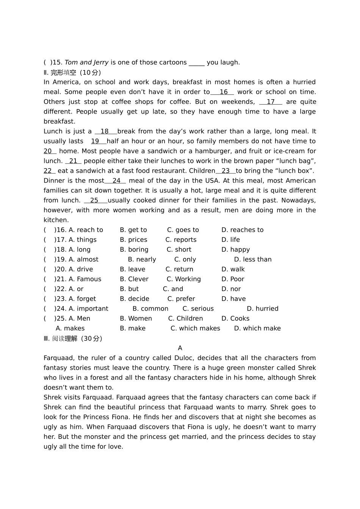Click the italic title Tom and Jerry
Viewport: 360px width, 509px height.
click(86, 62)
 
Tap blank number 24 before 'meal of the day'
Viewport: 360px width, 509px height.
click(116, 181)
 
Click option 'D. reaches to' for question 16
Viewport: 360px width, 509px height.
click(242, 230)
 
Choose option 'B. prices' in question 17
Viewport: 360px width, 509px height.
click(133, 240)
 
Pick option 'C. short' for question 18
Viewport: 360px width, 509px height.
click(179, 250)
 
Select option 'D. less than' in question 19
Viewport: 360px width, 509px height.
click(252, 259)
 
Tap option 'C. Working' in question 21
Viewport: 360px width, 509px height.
click(183, 279)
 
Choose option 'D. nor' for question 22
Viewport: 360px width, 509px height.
click(231, 289)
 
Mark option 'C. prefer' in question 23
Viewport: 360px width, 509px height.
click(181, 299)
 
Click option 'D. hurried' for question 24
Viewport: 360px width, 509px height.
click(262, 309)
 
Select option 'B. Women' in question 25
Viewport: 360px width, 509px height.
click(136, 319)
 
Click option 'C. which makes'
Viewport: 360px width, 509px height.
click(195, 328)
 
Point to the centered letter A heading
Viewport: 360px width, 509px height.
click(180, 348)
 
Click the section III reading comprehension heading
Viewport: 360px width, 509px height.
click(73, 339)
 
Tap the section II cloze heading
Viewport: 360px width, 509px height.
click(72, 72)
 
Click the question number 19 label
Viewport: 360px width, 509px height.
click(61, 259)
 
